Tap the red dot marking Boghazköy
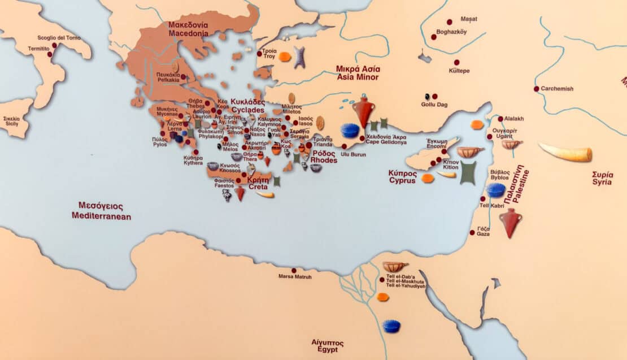click(434, 37)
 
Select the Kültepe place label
click(459, 71)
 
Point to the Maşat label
click(469, 19)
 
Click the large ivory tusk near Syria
click(565, 152)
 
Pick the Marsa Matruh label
click(295, 276)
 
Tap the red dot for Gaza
click(472, 232)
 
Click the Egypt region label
click(327, 345)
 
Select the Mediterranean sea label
click(101, 211)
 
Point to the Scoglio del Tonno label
click(59, 38)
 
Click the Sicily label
click(12, 122)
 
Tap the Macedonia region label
click(188, 29)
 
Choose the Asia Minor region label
click(358, 72)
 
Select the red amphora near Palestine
click(510, 222)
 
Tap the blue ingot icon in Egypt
click(391, 326)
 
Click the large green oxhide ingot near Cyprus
click(468, 172)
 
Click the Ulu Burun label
click(354, 154)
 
